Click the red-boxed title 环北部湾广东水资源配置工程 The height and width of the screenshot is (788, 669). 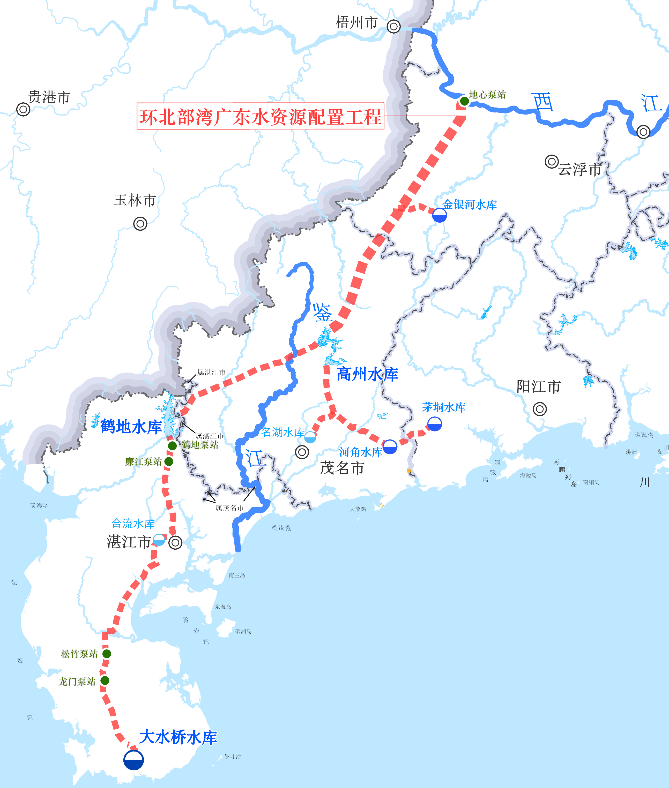[260, 116]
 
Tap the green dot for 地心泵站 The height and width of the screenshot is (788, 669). [464, 101]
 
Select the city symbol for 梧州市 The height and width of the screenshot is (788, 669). [394, 27]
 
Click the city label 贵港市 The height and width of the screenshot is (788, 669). [49, 97]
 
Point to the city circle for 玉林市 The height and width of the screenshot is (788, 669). [140, 224]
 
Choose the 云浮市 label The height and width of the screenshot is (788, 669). [579, 169]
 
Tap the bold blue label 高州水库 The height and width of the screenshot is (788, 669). [367, 374]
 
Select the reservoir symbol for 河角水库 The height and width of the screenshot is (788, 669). [390, 447]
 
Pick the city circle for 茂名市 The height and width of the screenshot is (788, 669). [302, 452]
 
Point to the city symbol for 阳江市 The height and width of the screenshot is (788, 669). [540, 409]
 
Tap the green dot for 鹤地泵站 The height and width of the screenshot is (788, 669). [172, 446]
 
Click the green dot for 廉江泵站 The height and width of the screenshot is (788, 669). [169, 461]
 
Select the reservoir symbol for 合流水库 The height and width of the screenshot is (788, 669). [159, 540]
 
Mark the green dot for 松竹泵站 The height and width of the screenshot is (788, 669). [107, 654]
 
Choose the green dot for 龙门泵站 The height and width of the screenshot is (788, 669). [105, 680]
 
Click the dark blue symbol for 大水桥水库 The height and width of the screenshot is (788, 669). [133, 760]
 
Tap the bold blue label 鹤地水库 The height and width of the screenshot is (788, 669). [131, 427]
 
